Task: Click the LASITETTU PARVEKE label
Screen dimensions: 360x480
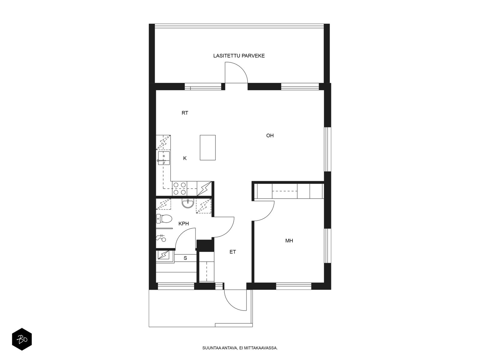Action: (x=239, y=56)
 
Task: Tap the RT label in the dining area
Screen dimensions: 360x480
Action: (x=185, y=113)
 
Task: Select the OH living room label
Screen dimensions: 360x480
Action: (x=270, y=136)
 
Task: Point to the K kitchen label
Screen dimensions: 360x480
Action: (x=185, y=158)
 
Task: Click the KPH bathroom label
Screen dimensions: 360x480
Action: (x=184, y=223)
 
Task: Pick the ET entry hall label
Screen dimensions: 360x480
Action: (x=233, y=252)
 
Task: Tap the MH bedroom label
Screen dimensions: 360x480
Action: (x=289, y=241)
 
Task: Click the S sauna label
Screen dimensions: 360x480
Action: (x=185, y=258)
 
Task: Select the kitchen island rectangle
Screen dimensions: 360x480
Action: (x=208, y=147)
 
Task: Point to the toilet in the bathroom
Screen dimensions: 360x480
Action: (x=164, y=219)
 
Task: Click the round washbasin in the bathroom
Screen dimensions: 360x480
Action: (x=188, y=203)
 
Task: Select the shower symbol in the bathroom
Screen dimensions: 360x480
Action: (x=161, y=238)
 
